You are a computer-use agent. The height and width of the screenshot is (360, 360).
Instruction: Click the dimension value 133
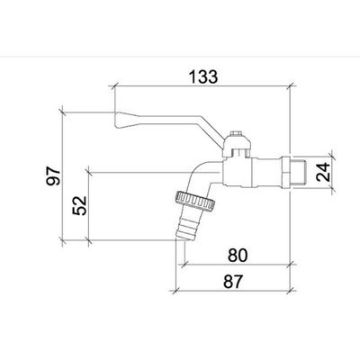[203, 76]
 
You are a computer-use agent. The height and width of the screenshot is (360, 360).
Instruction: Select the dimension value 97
[53, 176]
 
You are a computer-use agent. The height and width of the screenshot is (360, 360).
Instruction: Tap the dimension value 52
[79, 205]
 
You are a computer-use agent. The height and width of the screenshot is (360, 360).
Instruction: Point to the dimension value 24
[323, 172]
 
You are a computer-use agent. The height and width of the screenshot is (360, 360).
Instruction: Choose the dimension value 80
[238, 256]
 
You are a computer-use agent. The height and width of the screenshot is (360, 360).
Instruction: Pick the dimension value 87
[233, 282]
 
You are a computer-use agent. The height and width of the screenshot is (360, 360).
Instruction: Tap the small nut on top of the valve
[236, 133]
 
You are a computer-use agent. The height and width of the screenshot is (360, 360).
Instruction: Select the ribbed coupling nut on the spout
[194, 201]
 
